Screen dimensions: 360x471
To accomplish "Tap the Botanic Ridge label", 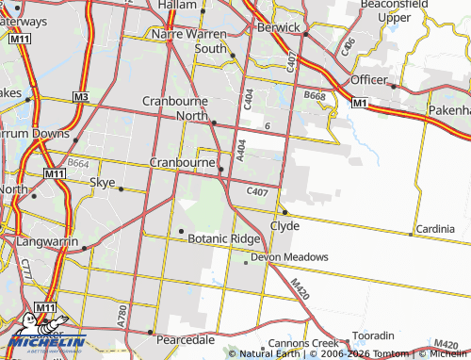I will (224, 239).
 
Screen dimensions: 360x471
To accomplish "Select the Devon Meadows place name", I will (289, 256).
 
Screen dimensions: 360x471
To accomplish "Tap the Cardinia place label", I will (435, 229).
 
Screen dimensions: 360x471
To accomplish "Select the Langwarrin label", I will (47, 241).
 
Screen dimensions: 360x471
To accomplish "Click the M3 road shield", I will (80, 97).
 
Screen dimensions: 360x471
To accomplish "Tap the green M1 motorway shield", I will (359, 102).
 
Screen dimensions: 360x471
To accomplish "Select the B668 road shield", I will (314, 95).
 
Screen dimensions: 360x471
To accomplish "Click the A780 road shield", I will (122, 316).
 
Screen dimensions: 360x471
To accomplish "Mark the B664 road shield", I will (78, 164).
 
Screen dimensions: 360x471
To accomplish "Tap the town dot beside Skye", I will (121, 188).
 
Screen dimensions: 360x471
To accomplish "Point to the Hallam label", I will (178, 6).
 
